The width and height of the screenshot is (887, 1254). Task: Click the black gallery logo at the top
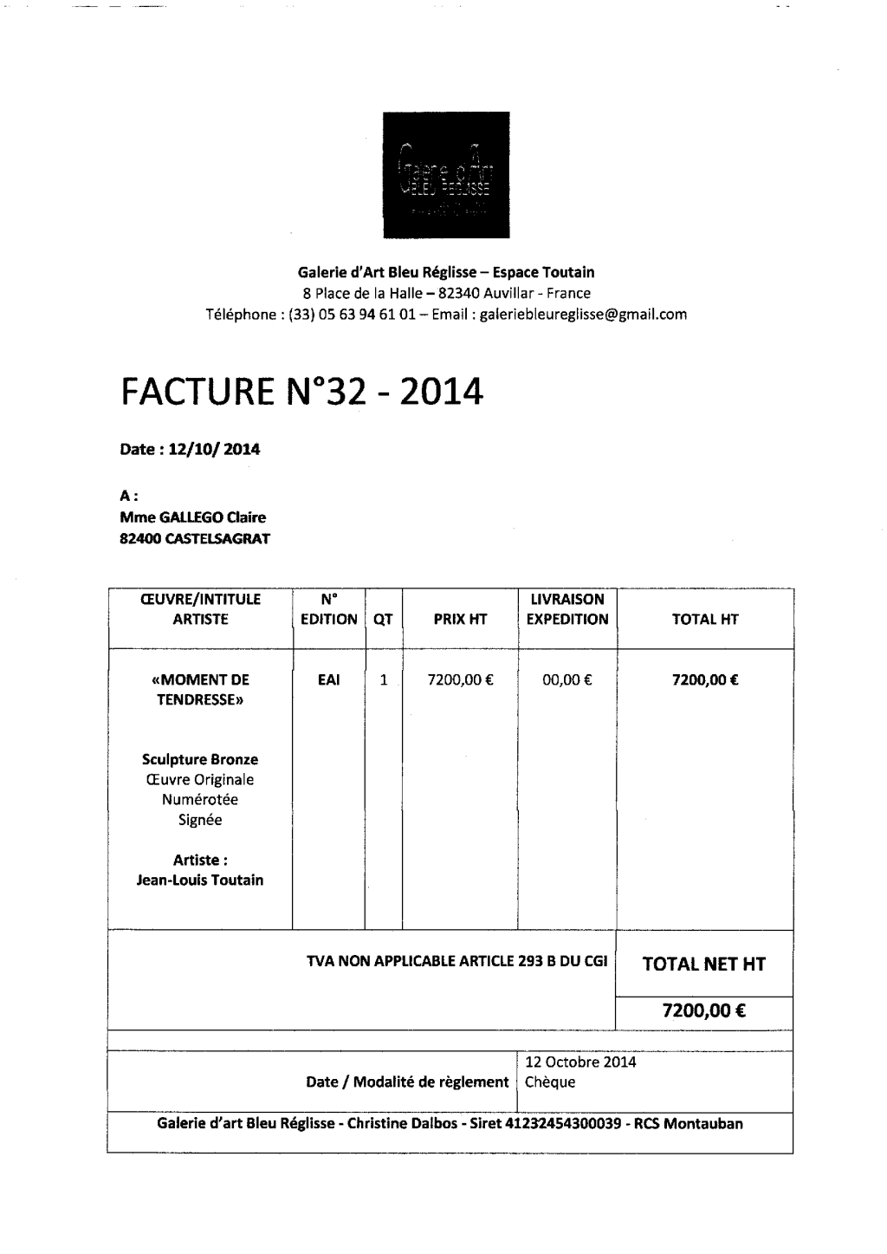[x=442, y=174]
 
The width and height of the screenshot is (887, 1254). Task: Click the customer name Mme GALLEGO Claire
[x=192, y=517]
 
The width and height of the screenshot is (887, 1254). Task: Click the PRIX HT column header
[x=459, y=619]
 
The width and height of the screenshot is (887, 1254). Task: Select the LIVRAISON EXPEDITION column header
[x=567, y=609]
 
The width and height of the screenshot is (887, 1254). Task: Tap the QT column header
[x=383, y=619]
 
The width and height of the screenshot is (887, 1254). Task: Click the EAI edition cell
[x=328, y=680]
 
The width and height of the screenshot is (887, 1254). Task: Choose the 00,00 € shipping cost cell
[x=567, y=680]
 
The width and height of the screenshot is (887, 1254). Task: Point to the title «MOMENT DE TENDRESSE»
[x=200, y=690]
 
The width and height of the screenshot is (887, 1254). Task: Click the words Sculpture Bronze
[x=200, y=759]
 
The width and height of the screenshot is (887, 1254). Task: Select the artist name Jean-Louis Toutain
[x=200, y=880]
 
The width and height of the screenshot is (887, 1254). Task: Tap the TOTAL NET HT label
[x=703, y=964]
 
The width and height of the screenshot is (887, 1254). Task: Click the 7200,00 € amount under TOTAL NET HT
[x=704, y=1010]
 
